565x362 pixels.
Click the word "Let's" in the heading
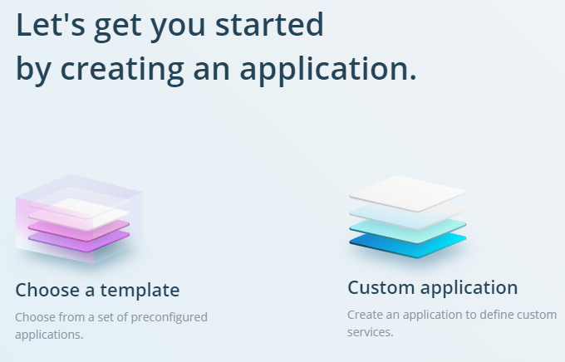pos(51,24)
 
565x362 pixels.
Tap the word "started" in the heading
pos(269,24)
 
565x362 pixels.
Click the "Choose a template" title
pos(97,290)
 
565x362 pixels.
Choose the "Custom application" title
pos(432,288)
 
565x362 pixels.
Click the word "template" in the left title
pos(140,291)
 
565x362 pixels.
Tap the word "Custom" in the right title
pos(381,287)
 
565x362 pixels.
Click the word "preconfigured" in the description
pos(169,317)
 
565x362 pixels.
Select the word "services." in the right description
pos(370,332)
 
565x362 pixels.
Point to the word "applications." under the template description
pos(49,335)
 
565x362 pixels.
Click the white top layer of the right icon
pos(407,193)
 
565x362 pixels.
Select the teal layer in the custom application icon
pos(408,230)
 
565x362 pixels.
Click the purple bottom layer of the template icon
pos(79,242)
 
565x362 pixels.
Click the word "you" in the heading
pos(178,27)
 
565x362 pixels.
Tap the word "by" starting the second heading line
pos(33,70)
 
